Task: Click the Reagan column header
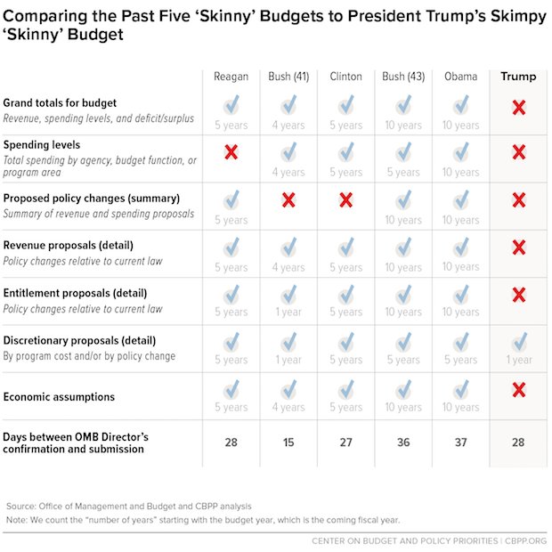[231, 77]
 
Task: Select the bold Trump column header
[518, 77]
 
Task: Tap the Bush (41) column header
[288, 77]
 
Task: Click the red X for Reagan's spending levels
[231, 152]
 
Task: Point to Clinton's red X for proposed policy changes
[345, 199]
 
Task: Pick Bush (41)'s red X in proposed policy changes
[288, 199]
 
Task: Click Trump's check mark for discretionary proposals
[519, 341]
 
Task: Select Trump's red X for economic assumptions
[518, 390]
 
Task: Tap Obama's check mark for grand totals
[461, 106]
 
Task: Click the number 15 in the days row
[288, 442]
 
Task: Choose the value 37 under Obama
[461, 442]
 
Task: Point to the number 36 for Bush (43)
[403, 442]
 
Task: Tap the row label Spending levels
[42, 144]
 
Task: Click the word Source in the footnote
[21, 505]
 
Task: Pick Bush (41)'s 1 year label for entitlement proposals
[288, 312]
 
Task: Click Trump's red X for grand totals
[518, 107]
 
